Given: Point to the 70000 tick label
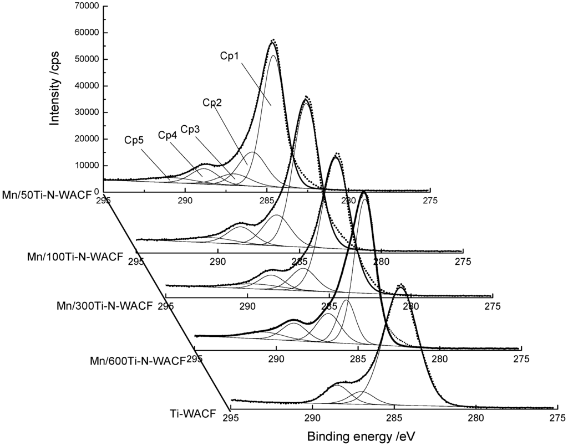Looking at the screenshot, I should [x=86, y=6].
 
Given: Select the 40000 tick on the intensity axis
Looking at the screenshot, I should [x=86, y=86].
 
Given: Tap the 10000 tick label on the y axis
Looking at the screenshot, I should [x=86, y=166].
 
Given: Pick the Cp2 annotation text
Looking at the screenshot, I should [x=212, y=102].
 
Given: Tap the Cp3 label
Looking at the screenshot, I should [x=191, y=130].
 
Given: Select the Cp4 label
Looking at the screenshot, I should [x=169, y=135].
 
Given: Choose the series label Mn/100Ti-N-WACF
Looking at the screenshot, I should [x=75, y=257].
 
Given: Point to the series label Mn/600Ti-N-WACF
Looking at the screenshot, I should [x=137, y=361].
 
